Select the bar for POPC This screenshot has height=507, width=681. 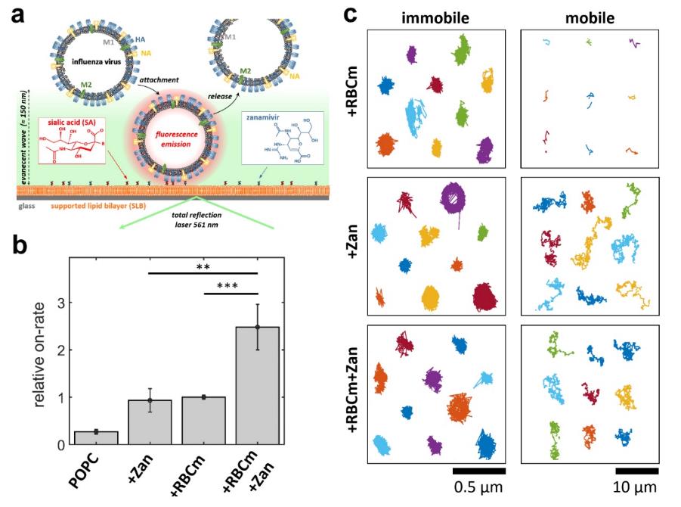pyautogui.click(x=95, y=437)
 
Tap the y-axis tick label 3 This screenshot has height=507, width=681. pyautogui.click(x=57, y=303)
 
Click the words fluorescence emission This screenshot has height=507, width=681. pyautogui.click(x=175, y=138)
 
